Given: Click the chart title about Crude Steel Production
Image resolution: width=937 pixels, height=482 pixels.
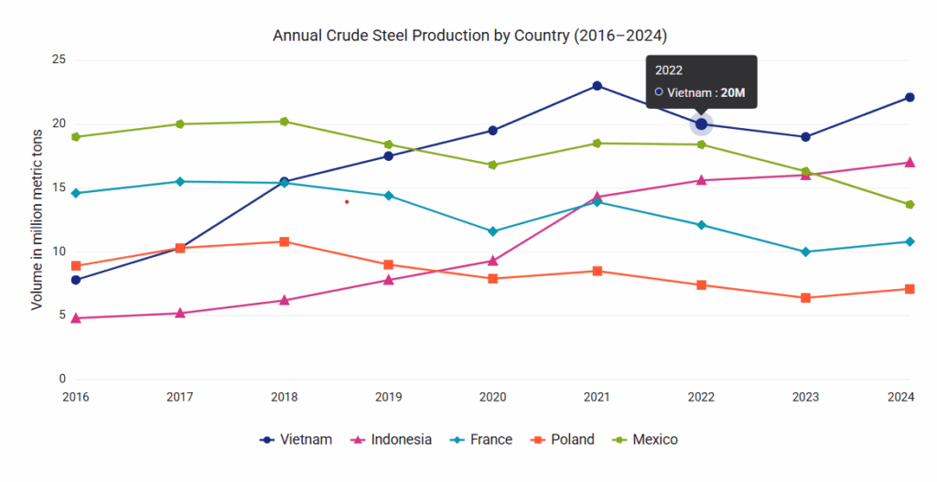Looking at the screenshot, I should (469, 36).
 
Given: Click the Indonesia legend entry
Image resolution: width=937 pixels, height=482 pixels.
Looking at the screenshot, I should (392, 440).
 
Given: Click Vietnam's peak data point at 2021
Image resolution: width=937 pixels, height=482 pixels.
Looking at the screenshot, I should (598, 86).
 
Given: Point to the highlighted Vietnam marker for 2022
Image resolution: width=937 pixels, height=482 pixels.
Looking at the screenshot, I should (701, 124).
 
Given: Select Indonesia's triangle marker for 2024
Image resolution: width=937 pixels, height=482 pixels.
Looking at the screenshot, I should (910, 163).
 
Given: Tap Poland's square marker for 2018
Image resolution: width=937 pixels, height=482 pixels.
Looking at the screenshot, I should (285, 241).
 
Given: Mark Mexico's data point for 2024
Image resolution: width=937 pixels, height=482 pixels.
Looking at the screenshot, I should (910, 205).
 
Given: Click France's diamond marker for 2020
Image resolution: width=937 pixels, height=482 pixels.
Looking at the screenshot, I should (493, 231).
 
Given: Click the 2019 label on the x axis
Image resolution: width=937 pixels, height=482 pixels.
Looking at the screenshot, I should (389, 397).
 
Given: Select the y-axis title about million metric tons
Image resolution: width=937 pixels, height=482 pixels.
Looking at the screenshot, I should (37, 220).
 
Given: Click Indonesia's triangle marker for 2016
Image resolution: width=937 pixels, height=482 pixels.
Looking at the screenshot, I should (76, 318).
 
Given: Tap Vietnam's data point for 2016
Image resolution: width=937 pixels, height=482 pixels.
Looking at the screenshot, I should (76, 280).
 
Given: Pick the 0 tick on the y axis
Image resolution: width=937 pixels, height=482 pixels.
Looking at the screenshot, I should (62, 379).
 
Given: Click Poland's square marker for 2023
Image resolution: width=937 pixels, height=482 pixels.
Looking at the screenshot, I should (805, 298).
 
